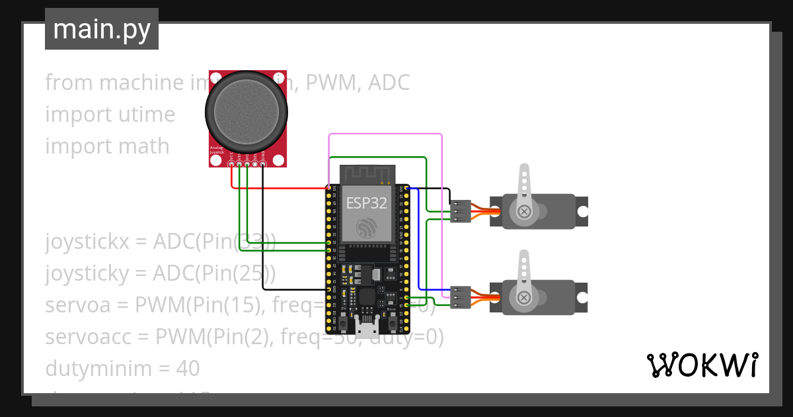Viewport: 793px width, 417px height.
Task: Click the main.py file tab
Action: (101, 29)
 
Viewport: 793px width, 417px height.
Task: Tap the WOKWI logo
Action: (701, 365)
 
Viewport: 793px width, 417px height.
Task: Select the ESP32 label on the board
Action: (366, 204)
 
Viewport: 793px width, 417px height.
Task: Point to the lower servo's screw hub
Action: (524, 297)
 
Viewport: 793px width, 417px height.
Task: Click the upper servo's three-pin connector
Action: (461, 212)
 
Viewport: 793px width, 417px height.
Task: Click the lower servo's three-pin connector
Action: (461, 297)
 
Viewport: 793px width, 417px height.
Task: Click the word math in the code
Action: (143, 146)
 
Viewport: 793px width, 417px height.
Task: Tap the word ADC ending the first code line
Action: (389, 83)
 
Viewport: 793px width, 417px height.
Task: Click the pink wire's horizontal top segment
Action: (385, 134)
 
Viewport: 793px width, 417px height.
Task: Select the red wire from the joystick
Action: (278, 188)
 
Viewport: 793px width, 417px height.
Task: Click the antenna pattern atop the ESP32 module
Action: (367, 174)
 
